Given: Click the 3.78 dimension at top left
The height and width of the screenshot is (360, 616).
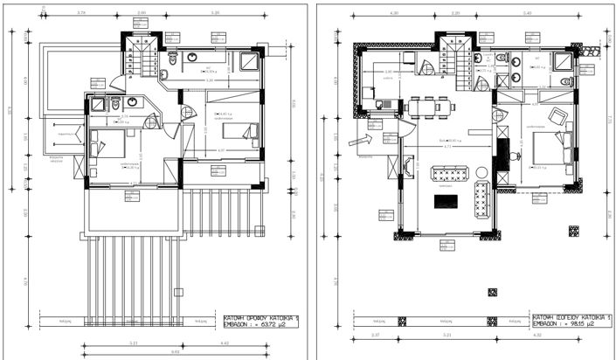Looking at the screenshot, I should pos(81,13).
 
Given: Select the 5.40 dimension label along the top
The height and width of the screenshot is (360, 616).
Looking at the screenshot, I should pos(526,13).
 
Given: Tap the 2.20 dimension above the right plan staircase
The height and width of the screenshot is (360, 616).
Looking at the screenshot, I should pos(454,13).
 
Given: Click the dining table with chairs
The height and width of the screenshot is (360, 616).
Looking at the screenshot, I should pos(428,106).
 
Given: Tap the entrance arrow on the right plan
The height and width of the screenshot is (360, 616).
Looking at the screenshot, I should pos(359,138).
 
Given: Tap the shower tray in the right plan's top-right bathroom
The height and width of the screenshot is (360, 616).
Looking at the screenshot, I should pos(562,61).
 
